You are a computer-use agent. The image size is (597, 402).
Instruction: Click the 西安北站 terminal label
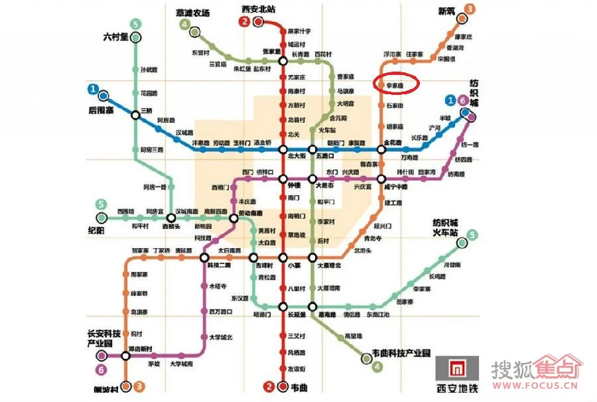[x=259, y=9]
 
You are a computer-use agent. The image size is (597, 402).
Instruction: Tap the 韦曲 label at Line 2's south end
[x=300, y=387]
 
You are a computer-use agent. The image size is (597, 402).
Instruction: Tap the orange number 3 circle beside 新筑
[x=470, y=9]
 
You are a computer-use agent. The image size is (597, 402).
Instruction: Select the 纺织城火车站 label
[x=446, y=228]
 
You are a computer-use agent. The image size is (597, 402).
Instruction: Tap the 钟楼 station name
[x=293, y=186]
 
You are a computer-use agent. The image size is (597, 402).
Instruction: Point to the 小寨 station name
[x=295, y=266]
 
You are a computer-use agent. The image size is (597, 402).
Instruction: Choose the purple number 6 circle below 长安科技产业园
[x=101, y=370]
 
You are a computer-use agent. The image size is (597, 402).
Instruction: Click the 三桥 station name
[x=146, y=111]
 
